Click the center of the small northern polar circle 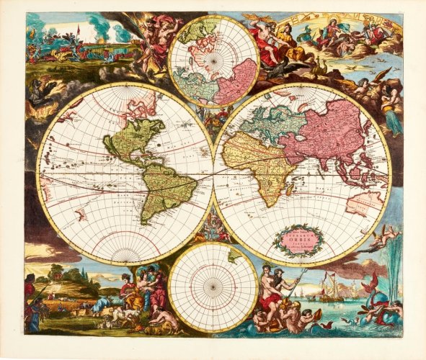213,61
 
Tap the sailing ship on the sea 334,288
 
